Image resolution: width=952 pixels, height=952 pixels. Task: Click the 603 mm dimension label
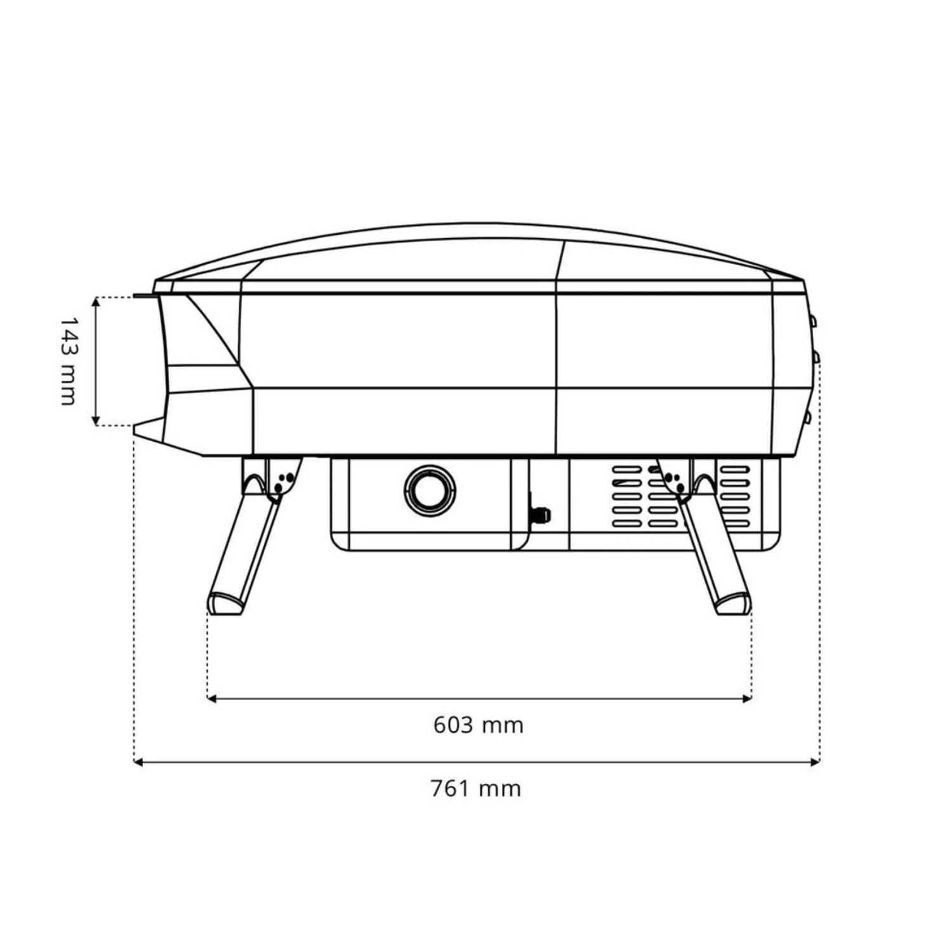click(479, 725)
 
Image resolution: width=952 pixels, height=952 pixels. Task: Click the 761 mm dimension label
click(476, 789)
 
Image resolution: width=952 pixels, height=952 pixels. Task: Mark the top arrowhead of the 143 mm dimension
click(96, 301)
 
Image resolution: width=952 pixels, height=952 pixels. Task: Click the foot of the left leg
click(225, 603)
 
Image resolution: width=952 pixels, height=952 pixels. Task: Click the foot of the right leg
click(734, 603)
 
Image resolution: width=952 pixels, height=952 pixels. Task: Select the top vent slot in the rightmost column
click(735, 470)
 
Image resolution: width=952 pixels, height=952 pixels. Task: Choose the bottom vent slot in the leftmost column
click(626, 525)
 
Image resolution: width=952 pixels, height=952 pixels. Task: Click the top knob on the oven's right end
click(812, 321)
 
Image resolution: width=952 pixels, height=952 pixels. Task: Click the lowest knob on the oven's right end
click(808, 418)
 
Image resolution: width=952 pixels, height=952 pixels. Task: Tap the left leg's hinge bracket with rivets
click(282, 478)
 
